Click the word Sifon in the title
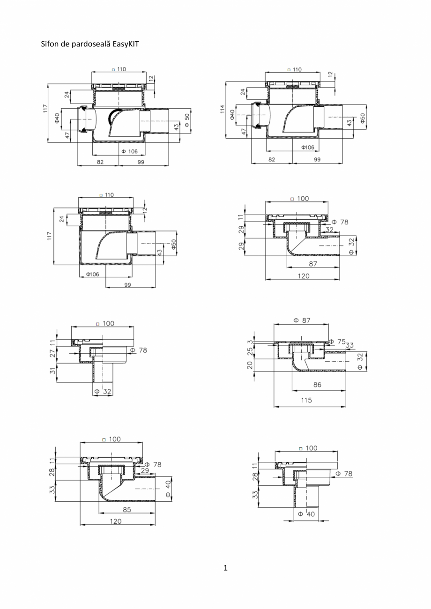51,44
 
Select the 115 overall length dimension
307,401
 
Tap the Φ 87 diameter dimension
302,320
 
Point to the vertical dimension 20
251,365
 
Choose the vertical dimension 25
251,350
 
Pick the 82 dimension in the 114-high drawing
272,159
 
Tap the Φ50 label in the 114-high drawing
363,118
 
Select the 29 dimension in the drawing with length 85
144,470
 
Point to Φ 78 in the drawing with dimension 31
138,350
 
